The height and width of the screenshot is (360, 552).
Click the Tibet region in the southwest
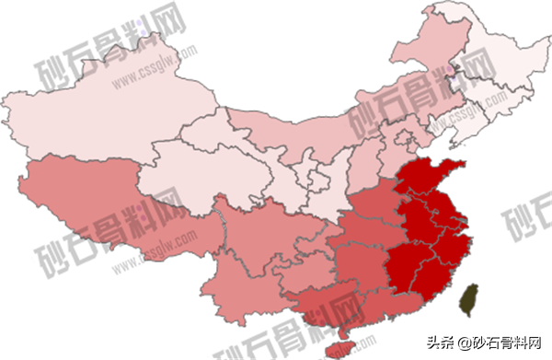coord(101,203)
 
